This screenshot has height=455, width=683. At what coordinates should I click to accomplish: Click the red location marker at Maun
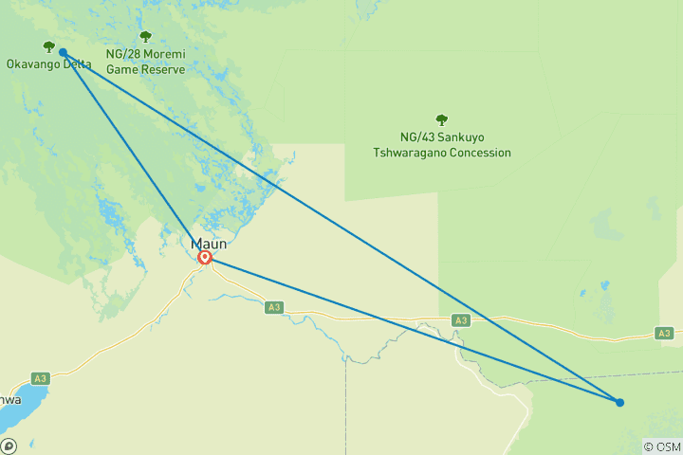[204, 256]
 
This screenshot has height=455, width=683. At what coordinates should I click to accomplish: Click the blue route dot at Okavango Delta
[63, 53]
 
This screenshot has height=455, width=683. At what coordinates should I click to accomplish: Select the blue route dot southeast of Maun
[619, 402]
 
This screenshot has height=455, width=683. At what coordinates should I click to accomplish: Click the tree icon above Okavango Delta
[48, 46]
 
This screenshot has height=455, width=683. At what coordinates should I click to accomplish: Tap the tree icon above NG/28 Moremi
[145, 37]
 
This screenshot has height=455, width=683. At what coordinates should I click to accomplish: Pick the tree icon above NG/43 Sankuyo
[441, 119]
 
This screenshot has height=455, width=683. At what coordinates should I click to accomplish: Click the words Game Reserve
[145, 69]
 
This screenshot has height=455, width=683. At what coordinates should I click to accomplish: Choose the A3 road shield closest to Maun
[274, 307]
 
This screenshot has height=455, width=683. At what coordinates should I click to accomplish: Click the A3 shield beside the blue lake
[40, 378]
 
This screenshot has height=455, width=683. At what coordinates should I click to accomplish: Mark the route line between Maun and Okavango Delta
[133, 154]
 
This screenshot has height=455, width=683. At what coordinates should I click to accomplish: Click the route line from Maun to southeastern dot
[408, 328]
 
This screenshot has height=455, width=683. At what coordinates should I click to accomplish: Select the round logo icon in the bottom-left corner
[9, 446]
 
